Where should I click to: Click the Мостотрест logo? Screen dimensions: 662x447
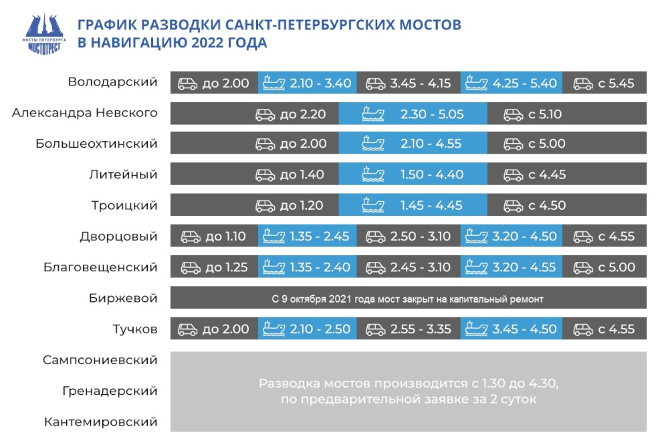coord(44,35)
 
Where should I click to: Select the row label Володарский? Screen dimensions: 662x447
coord(113,82)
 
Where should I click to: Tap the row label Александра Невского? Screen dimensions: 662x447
coord(85,113)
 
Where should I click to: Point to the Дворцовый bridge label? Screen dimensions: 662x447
coord(118,236)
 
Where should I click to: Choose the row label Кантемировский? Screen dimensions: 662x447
coord(101,422)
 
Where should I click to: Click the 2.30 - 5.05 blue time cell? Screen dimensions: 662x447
coord(413,114)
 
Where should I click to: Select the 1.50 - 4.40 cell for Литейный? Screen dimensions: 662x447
coord(413,174)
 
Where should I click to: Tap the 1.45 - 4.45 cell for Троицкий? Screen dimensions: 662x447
coord(413,205)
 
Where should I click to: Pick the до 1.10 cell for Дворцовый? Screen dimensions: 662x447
coord(215,236)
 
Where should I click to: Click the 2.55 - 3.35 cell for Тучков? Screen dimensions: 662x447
coord(409,329)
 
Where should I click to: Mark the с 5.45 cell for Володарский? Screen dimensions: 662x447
coord(604,83)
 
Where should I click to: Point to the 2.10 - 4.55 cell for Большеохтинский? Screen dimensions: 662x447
coord(413,144)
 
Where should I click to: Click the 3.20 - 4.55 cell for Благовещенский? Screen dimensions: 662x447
coord(512,267)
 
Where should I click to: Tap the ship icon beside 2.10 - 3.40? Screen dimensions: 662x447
coord(273,83)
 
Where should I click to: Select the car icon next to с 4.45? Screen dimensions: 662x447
coord(514,175)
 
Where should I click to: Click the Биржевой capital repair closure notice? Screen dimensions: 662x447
coord(407,299)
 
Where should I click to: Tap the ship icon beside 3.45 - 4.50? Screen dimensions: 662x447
coord(476,329)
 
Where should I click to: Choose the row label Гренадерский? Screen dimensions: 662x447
coord(110,391)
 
